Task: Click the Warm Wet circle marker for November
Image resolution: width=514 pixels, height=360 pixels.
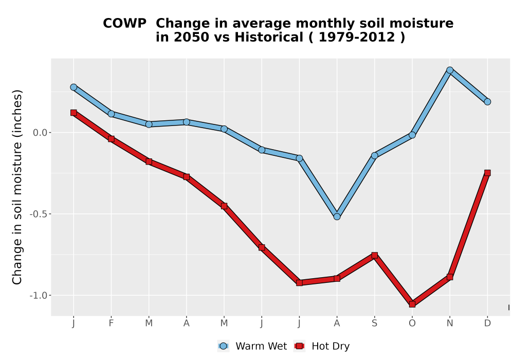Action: [x=450, y=70]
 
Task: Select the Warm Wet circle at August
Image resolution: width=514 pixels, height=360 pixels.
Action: [x=337, y=217]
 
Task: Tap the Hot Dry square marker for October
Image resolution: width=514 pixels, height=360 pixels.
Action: [x=412, y=304]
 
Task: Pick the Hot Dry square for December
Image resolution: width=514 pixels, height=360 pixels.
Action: [x=487, y=173]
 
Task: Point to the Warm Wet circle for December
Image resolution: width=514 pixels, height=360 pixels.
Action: [x=487, y=102]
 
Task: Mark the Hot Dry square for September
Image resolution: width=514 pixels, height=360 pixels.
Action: [x=374, y=255]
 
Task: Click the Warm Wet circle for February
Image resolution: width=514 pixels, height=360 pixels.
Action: [x=111, y=114]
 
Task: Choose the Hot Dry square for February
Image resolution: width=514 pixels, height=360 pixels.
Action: [x=111, y=139]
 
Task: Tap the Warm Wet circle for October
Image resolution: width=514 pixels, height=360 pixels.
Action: [x=412, y=135]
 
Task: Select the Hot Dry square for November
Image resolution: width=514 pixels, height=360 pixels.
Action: [x=450, y=277]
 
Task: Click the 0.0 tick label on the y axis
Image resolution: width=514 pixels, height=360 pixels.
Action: [x=40, y=133]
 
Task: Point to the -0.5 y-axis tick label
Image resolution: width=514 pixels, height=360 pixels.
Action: [x=39, y=214]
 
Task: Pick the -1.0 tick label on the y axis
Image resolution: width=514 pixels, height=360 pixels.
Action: [x=39, y=295]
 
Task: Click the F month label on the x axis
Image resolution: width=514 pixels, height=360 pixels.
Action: [x=111, y=323]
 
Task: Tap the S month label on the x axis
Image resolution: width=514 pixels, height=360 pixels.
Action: [x=374, y=323]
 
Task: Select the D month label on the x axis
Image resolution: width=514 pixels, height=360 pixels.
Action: [x=487, y=323]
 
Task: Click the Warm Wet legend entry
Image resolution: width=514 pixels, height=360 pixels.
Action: [x=252, y=346]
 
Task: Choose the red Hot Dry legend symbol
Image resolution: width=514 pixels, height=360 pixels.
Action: [x=299, y=346]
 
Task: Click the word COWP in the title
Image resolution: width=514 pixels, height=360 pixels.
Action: [x=124, y=24]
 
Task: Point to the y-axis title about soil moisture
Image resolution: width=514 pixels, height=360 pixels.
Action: [x=17, y=187]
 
